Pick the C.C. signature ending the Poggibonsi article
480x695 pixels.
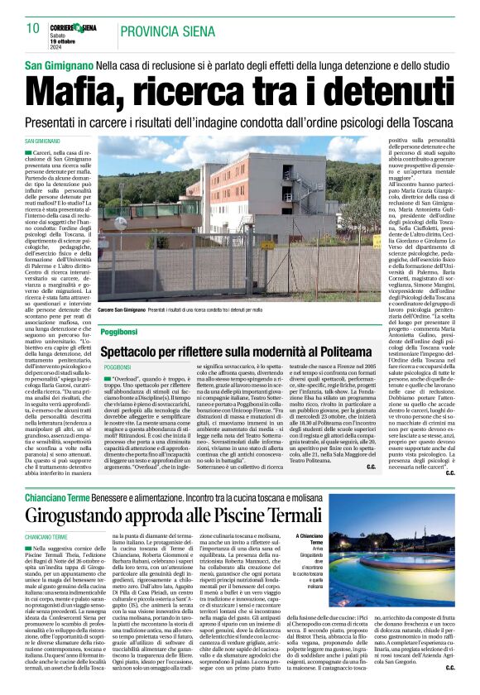pyautogui.click(x=394, y=467)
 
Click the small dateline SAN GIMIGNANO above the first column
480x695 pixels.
pyautogui.click(x=47, y=143)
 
